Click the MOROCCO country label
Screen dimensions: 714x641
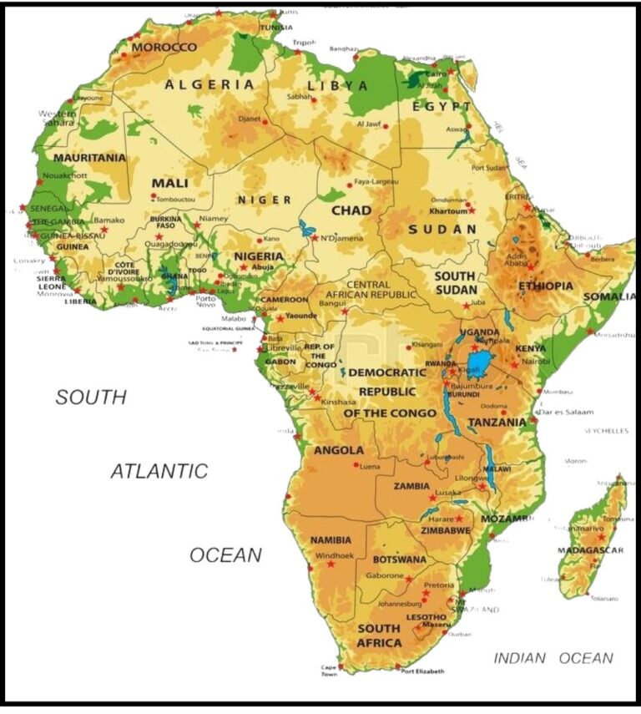[164, 48]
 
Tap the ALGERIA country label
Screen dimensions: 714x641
[209, 84]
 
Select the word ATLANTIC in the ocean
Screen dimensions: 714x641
[159, 471]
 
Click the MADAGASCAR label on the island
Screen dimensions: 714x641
[591, 550]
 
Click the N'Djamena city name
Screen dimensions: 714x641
[341, 238]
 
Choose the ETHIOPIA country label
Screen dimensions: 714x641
[546, 286]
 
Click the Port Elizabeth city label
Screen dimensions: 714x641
[423, 671]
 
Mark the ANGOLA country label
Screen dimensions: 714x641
[338, 451]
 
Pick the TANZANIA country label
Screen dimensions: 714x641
[497, 423]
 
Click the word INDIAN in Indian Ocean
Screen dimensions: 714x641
[519, 658]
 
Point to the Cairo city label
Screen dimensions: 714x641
[436, 73]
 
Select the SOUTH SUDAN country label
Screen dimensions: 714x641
[456, 282]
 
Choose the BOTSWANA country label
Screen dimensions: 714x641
[399, 560]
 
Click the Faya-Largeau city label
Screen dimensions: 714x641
[376, 181]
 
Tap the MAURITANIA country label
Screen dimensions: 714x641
[89, 157]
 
